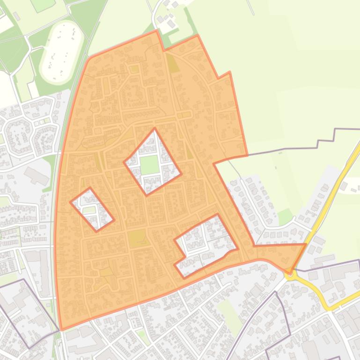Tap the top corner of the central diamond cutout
[154, 129]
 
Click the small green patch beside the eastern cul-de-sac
[285, 216]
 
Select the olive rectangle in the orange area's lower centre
[137, 238]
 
